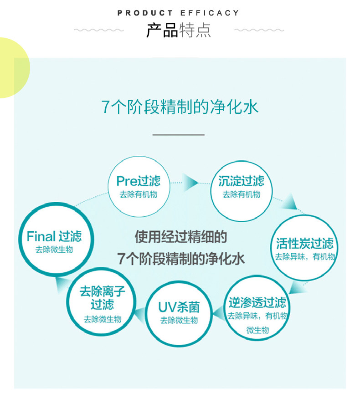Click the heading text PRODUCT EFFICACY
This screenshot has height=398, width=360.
(x=178, y=13)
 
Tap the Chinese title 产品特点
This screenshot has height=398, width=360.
(x=178, y=30)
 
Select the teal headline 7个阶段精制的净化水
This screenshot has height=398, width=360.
(x=180, y=107)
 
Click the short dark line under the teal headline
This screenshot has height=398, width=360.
(x=178, y=135)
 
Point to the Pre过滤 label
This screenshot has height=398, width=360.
(x=138, y=181)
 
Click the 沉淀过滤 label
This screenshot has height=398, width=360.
(x=241, y=181)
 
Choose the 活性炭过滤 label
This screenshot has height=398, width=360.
(x=304, y=243)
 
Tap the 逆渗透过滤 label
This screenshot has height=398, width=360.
(x=257, y=302)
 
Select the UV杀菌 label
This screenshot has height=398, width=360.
(x=179, y=306)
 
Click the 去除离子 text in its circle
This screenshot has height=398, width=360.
(x=102, y=291)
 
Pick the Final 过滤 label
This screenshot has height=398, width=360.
(x=54, y=236)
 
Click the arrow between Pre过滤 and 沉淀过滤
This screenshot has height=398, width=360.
(x=191, y=182)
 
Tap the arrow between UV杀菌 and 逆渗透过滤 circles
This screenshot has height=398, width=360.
(x=218, y=311)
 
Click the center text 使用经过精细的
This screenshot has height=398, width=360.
(x=180, y=237)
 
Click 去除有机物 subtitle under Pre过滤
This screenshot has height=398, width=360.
(x=138, y=194)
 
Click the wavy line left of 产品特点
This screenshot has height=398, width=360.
(x=98, y=30)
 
